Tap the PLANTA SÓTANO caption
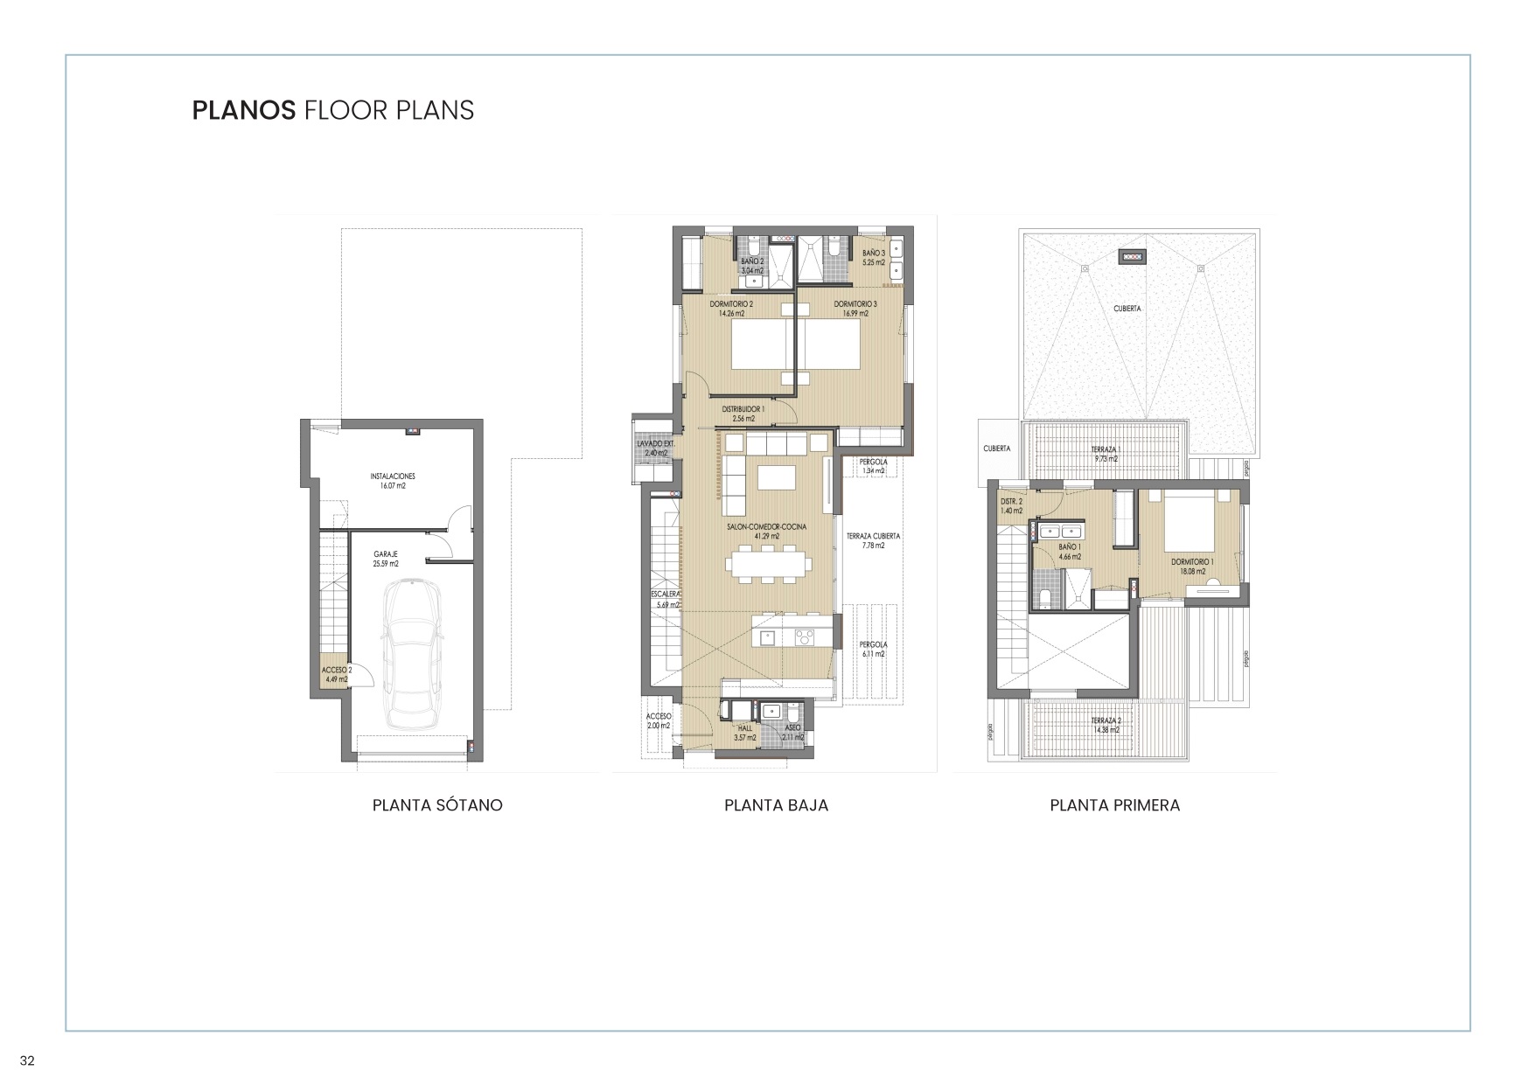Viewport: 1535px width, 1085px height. [x=437, y=805]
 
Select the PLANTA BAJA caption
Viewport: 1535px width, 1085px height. [x=776, y=805]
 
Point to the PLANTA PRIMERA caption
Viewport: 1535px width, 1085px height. [x=1114, y=805]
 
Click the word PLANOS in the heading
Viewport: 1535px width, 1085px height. [x=243, y=110]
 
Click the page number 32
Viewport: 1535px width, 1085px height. [x=27, y=1061]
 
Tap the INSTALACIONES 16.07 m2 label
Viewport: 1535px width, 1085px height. [x=393, y=481]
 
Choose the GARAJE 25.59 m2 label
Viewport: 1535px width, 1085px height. [x=386, y=559]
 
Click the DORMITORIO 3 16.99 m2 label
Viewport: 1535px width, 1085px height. [x=855, y=308]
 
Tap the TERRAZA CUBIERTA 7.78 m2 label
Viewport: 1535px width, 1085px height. [x=873, y=540]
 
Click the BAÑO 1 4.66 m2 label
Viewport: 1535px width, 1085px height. [x=1069, y=551]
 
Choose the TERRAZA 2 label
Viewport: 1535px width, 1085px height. [x=1105, y=725]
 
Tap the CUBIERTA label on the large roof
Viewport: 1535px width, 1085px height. [x=1127, y=309]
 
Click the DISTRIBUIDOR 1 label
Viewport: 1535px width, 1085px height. [x=743, y=414]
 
